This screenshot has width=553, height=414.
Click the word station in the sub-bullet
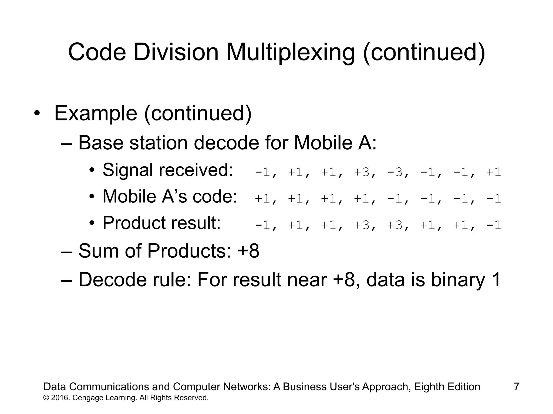(x=159, y=143)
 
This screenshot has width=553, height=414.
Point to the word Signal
(x=128, y=170)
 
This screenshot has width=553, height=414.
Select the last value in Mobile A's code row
(x=494, y=199)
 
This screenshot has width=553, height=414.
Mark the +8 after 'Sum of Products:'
(x=248, y=251)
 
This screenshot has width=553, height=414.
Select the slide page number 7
(x=517, y=387)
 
